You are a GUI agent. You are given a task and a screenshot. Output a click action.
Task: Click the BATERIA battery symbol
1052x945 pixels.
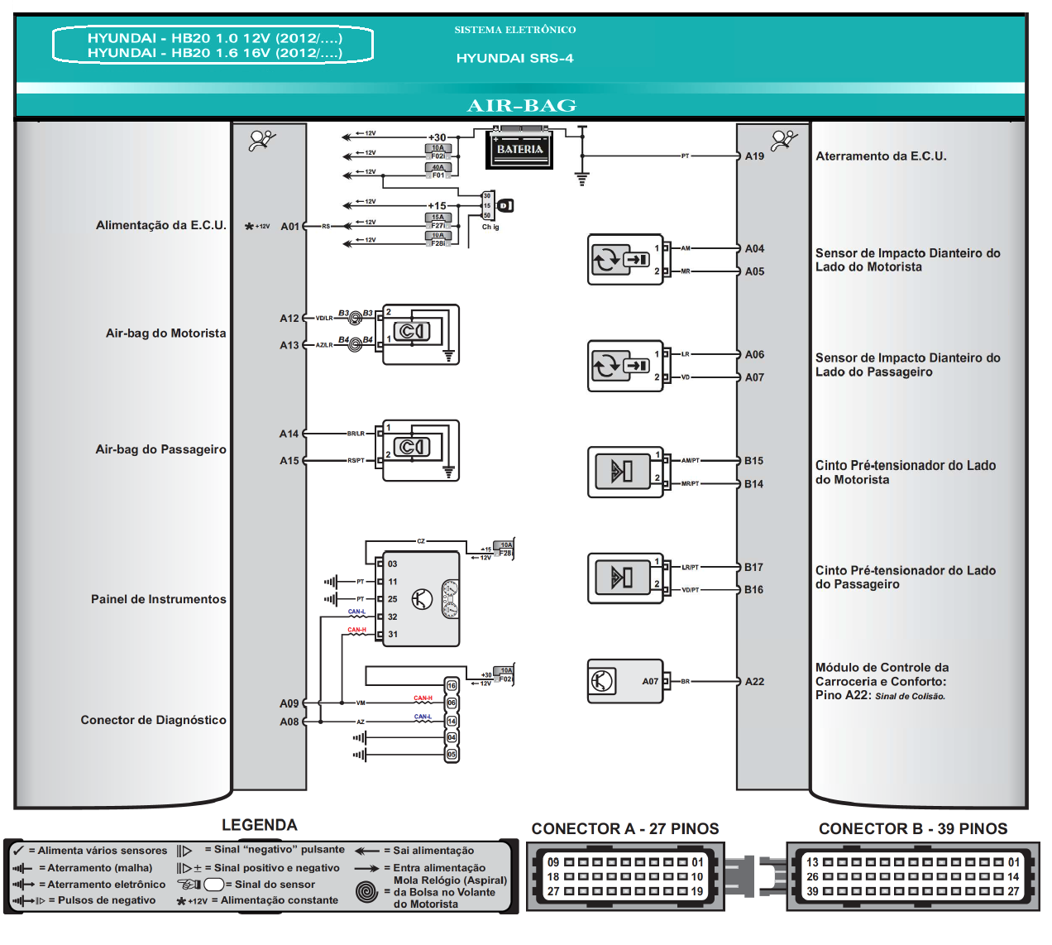(519, 149)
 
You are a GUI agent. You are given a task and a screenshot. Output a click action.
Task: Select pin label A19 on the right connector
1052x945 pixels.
(754, 156)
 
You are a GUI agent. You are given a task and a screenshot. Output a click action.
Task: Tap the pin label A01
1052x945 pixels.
(289, 226)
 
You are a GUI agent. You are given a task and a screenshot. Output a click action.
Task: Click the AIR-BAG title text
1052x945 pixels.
(521, 105)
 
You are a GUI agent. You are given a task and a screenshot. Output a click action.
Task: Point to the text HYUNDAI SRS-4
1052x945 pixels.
(514, 58)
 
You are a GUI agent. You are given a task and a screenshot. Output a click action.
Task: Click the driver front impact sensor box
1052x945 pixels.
(624, 260)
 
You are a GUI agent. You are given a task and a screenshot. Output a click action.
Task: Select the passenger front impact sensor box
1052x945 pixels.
(624, 366)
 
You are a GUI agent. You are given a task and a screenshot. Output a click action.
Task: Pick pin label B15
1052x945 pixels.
(753, 461)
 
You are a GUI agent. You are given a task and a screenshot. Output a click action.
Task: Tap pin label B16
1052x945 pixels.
(753, 590)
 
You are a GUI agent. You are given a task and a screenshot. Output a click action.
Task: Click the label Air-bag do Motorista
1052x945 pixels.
(165, 333)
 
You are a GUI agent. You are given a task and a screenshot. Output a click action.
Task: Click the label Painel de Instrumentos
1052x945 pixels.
(158, 599)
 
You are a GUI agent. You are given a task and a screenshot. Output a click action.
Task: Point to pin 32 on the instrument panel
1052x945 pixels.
(392, 616)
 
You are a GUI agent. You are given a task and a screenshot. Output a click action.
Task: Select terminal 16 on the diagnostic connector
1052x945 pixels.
(452, 685)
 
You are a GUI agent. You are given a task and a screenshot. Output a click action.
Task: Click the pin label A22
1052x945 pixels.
(754, 682)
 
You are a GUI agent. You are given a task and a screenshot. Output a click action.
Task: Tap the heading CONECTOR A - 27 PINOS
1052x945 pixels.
(624, 828)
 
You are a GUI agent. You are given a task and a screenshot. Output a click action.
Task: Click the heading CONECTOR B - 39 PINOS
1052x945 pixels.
(912, 828)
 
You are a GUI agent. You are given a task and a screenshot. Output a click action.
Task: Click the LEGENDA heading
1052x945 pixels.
(259, 825)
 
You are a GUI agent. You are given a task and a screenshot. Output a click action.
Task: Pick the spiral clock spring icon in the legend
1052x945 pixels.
(366, 892)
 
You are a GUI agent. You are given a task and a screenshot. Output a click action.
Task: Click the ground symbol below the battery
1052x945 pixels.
(582, 177)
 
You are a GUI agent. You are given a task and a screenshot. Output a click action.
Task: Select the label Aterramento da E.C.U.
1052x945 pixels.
(881, 156)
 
